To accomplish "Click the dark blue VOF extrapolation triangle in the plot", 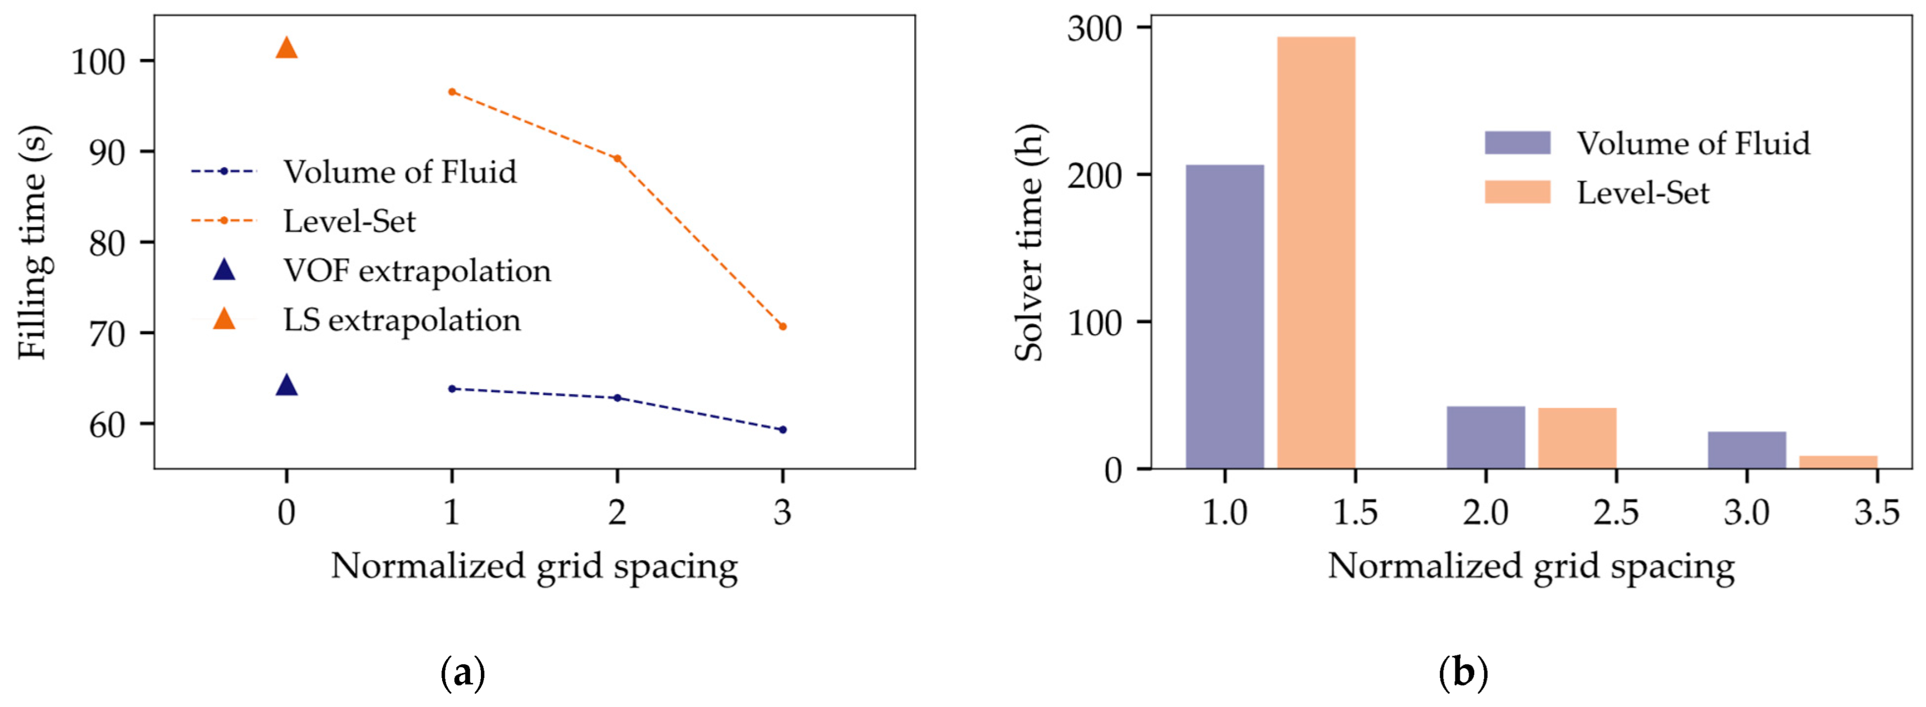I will pyautogui.click(x=287, y=386).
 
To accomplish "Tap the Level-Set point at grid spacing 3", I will pyautogui.click(x=782, y=326).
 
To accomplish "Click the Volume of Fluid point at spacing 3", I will pyautogui.click(x=782, y=430).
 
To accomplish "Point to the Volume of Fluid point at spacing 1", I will pyautogui.click(x=451, y=388).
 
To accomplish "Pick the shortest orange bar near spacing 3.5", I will pyautogui.click(x=1838, y=462).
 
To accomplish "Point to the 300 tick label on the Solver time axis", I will pyautogui.click(x=1095, y=28).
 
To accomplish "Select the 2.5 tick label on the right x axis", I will pyautogui.click(x=1615, y=513).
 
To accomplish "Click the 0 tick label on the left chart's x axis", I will pyautogui.click(x=287, y=513).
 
